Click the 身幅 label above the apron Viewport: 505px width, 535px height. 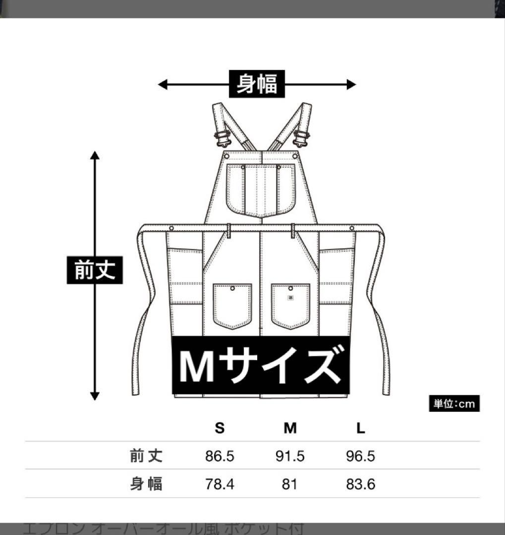point(257,84)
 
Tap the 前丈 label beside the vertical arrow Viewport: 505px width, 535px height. point(95,270)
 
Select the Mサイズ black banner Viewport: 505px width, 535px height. point(260,366)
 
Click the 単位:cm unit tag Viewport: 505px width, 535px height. point(454,404)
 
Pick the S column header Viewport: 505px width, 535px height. point(220,428)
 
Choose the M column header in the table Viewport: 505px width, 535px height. point(290,428)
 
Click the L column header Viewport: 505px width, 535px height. point(361,428)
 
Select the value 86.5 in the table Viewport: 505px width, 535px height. point(220,456)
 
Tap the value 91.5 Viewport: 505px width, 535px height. point(290,456)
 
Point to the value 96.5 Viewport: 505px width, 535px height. point(361,456)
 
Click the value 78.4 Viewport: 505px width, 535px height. point(220,484)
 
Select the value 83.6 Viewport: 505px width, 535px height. point(361,484)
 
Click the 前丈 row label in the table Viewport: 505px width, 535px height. point(146,456)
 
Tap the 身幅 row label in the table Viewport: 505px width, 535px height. point(146,484)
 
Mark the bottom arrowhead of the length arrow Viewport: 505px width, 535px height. point(95,395)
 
